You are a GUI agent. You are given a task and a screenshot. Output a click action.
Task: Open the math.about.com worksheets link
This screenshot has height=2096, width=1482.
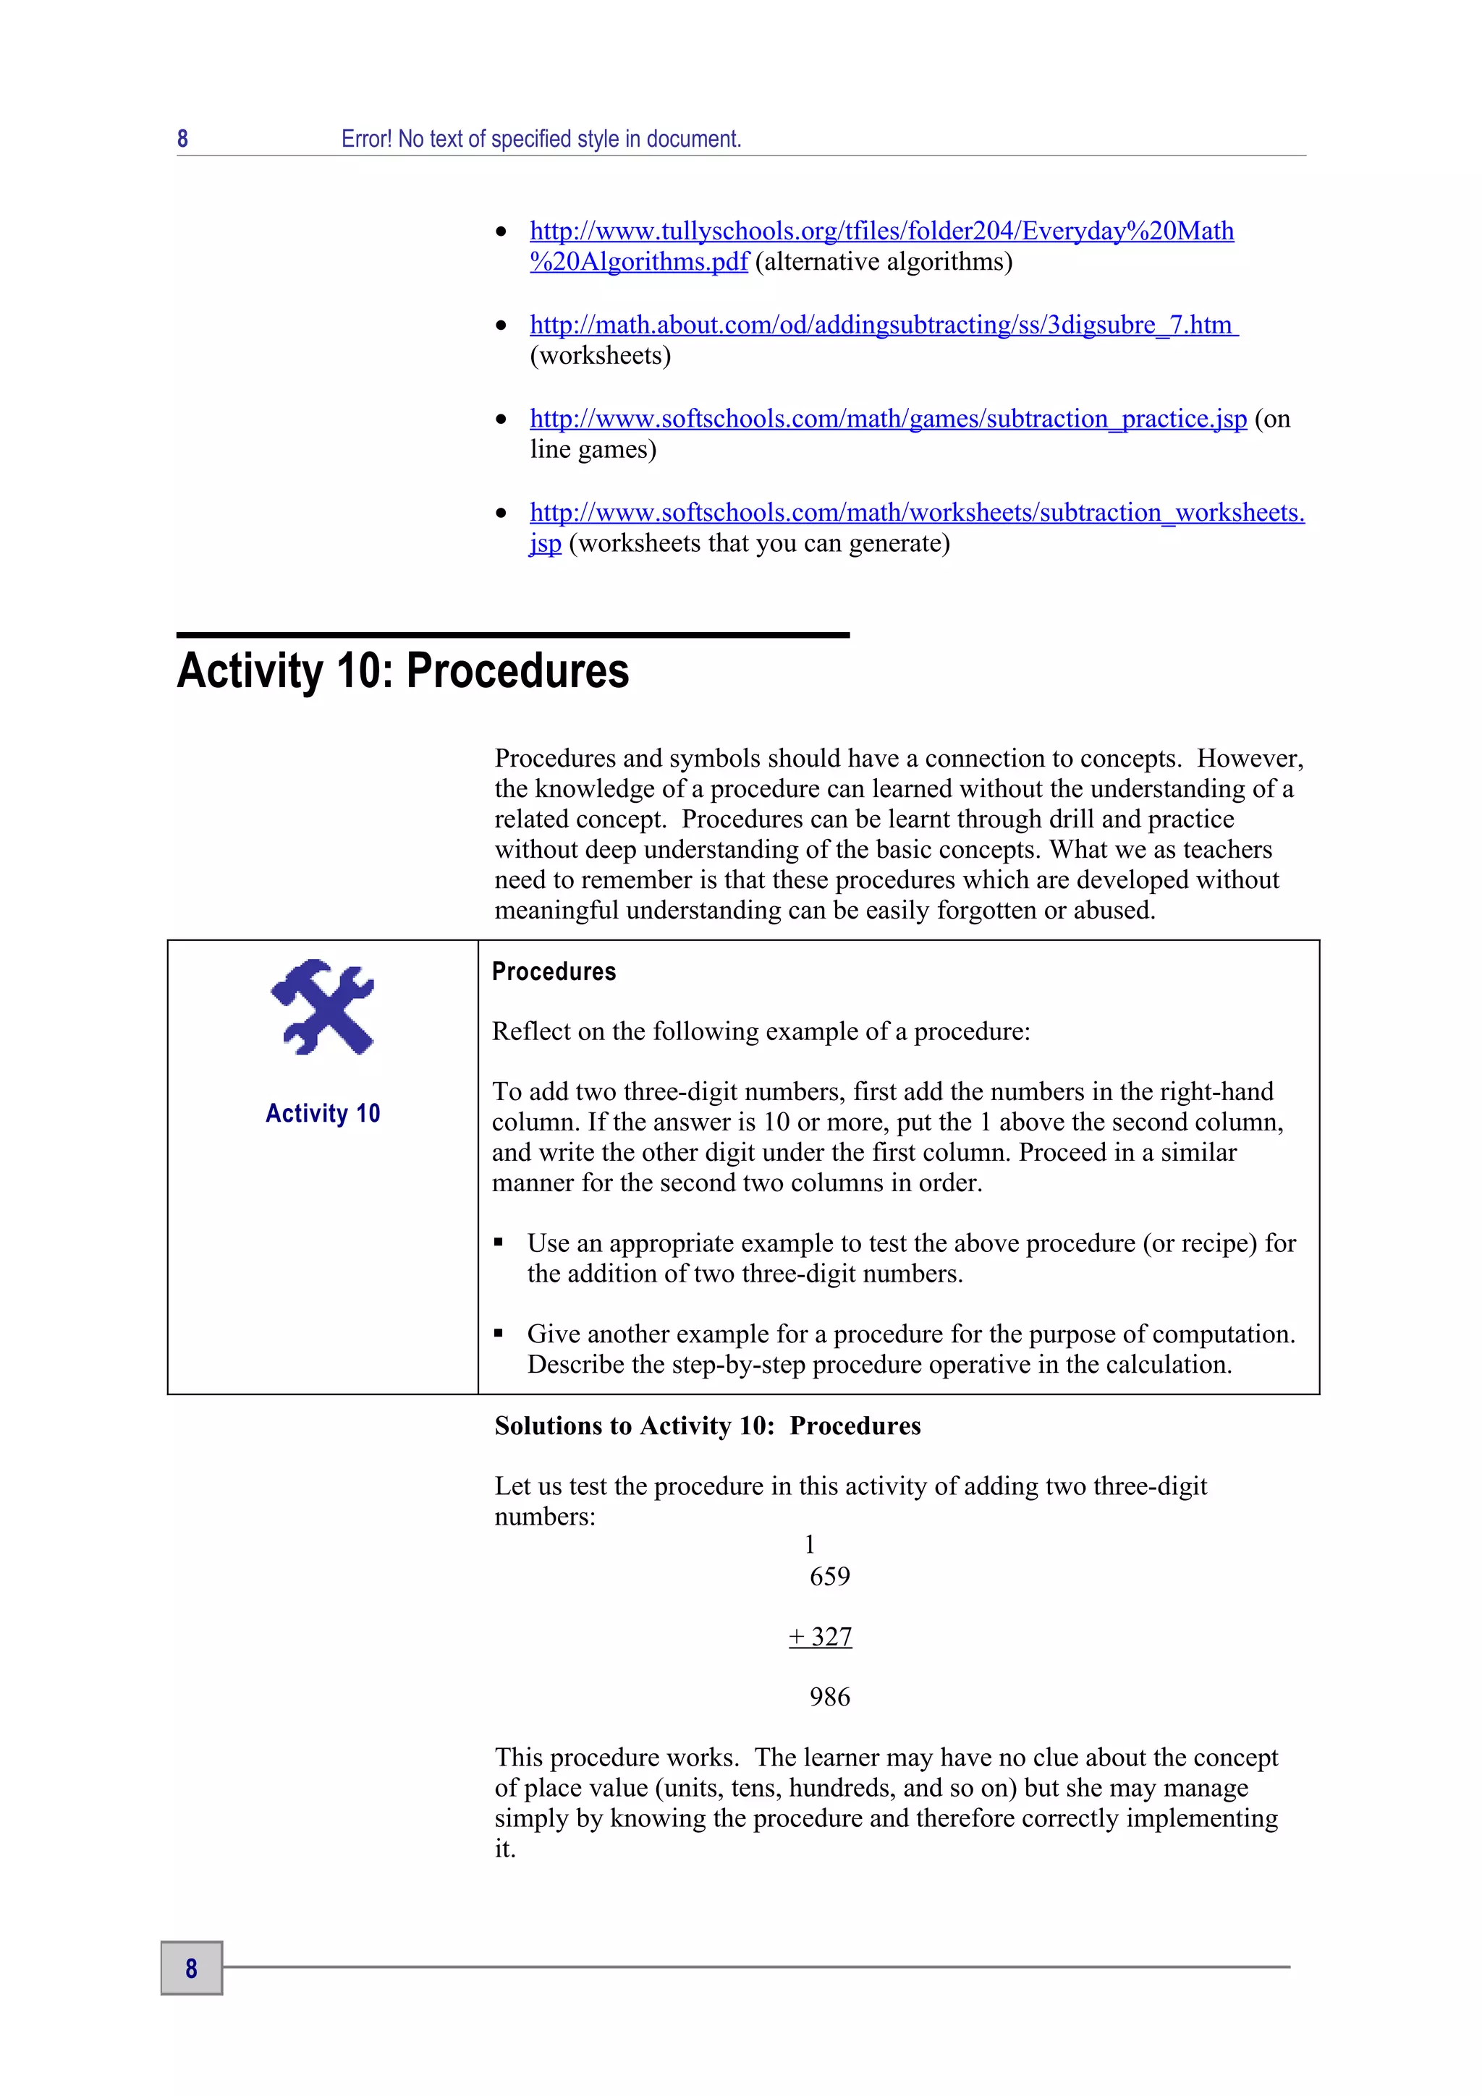[x=882, y=325]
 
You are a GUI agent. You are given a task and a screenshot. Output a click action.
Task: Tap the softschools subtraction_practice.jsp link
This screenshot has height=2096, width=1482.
[x=888, y=419]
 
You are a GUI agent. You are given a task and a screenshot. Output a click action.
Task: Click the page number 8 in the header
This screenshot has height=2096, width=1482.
[x=182, y=139]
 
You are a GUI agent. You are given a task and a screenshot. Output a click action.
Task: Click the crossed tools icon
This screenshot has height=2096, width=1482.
[x=322, y=1007]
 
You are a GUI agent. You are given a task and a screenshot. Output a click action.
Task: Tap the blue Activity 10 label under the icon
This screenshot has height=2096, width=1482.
[x=322, y=1113]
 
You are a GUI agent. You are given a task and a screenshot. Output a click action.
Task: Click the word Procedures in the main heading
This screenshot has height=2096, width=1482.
[x=517, y=671]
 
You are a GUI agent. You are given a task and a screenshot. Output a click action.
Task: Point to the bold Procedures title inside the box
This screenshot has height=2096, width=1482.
[x=554, y=971]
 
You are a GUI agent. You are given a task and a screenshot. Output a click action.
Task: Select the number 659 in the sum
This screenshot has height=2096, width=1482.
[x=829, y=1577]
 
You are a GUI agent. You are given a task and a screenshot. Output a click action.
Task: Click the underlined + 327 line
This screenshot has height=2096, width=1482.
[x=820, y=1637]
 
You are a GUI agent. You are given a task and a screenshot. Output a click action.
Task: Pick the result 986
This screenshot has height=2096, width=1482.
[x=829, y=1697]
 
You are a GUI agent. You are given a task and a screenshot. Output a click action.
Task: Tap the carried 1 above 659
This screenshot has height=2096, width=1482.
[x=809, y=1545]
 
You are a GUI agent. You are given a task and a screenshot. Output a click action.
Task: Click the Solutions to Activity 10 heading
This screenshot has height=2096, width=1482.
[x=707, y=1426]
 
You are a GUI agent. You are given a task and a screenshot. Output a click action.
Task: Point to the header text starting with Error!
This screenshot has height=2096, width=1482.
[x=541, y=139]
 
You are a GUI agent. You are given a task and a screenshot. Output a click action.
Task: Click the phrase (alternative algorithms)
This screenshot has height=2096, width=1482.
[x=883, y=262]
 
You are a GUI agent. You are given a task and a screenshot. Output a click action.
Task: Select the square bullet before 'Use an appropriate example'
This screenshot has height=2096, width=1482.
[x=499, y=1243]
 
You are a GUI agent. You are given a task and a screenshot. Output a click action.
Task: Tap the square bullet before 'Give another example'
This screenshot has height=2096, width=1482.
[x=499, y=1334]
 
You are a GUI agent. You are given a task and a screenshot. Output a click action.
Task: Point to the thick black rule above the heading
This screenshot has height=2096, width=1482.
[x=512, y=634]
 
